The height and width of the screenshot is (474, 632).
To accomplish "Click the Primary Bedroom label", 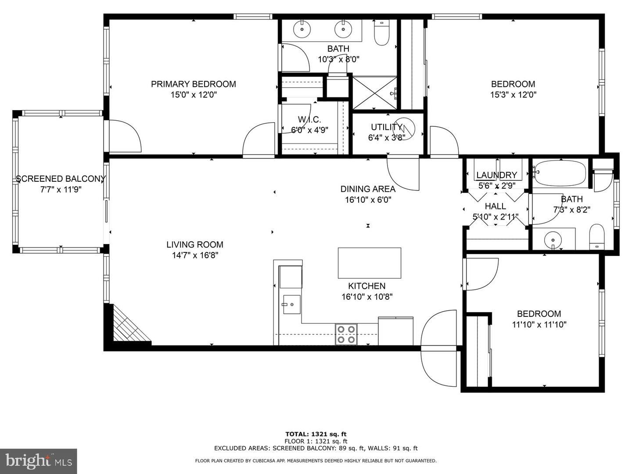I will coord(193,84).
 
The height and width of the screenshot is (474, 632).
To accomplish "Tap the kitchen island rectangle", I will coord(369,263).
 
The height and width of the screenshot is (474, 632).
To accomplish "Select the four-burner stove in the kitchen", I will coord(346,334).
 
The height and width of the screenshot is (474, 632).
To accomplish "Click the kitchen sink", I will coord(291,305).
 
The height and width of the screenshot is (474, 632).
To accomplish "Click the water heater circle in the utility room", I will coord(403,129).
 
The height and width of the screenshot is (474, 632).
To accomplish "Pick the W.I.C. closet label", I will coord(309,119).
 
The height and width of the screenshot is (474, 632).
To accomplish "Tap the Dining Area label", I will coord(368,189).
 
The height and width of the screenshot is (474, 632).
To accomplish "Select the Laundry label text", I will coord(496,175).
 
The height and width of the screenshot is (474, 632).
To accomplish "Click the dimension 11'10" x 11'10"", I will coord(539,325).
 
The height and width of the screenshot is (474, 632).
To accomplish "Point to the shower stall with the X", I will coord(375,93).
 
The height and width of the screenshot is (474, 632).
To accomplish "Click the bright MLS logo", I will coord(39,461).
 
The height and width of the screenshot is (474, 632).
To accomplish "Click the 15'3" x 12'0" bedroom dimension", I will coord(513,95).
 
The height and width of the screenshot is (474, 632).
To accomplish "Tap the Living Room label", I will coord(194,245).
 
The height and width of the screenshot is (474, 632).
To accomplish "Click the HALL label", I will coord(495,206).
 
